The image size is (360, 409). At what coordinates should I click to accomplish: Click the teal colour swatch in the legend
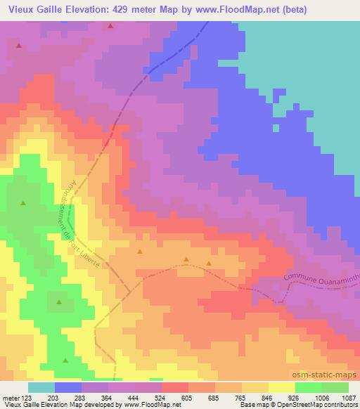click(x=41, y=387)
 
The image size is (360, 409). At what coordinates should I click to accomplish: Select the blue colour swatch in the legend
click(x=68, y=387)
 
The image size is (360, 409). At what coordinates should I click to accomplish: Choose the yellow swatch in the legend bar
click(x=282, y=387)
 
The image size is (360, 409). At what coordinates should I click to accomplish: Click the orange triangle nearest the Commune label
click(x=209, y=264)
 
